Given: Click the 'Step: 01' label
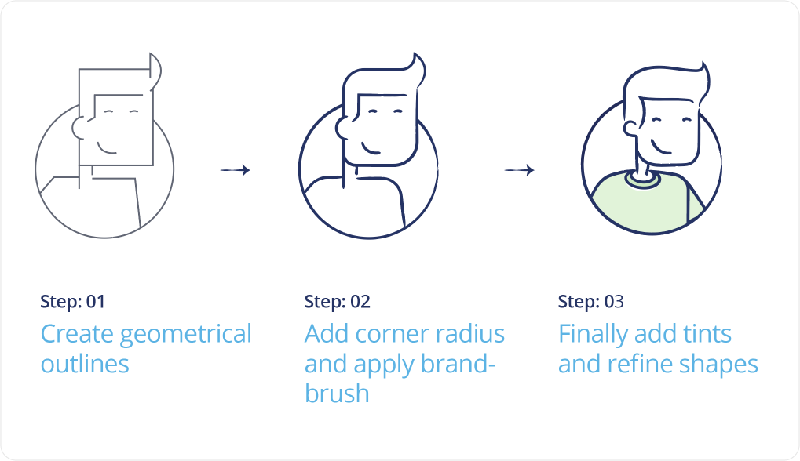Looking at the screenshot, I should pyautogui.click(x=72, y=302).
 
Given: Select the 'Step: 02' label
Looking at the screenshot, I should pyautogui.click(x=337, y=302).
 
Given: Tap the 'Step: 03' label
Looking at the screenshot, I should pyautogui.click(x=590, y=302).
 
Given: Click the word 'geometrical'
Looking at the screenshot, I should pyautogui.click(x=186, y=335).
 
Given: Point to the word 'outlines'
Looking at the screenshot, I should pyautogui.click(x=85, y=364).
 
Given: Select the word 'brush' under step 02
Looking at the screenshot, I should pyautogui.click(x=336, y=394).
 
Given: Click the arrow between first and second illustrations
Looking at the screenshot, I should pyautogui.click(x=236, y=170).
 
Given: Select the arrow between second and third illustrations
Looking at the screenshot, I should pyautogui.click(x=519, y=170).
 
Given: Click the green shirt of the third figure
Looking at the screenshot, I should pyautogui.click(x=644, y=208).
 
